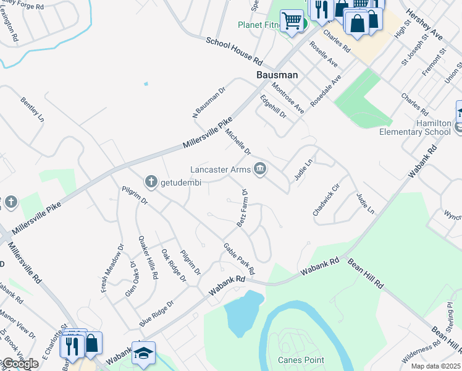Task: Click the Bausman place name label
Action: click(277, 75)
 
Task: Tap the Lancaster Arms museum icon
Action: click(261, 169)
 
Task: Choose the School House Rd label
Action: click(235, 51)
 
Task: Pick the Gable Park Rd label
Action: click(239, 258)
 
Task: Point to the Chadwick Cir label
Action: click(326, 200)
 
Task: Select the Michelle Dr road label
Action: click(238, 142)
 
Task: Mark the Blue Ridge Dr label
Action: click(156, 313)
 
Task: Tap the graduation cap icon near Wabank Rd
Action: click(143, 352)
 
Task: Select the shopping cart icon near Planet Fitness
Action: click(292, 20)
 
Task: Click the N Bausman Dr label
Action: click(209, 101)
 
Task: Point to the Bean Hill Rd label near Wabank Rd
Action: click(366, 275)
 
